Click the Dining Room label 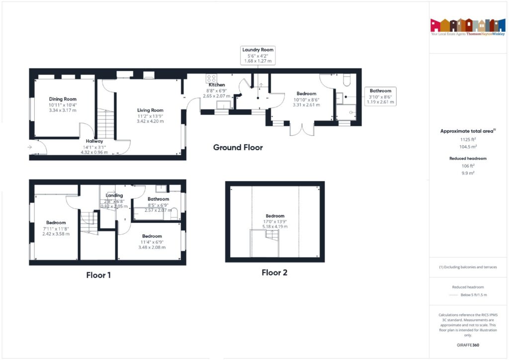[x=63, y=99]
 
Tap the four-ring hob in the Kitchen [x=211, y=79]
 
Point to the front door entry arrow [x=30, y=147]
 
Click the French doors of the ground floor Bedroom [x=302, y=129]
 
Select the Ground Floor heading [x=238, y=147]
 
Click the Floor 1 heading [x=98, y=275]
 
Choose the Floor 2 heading [x=274, y=272]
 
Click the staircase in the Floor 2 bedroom [x=264, y=244]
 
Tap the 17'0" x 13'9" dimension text [x=275, y=221]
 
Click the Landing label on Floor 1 [x=114, y=195]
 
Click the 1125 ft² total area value [x=466, y=140]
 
